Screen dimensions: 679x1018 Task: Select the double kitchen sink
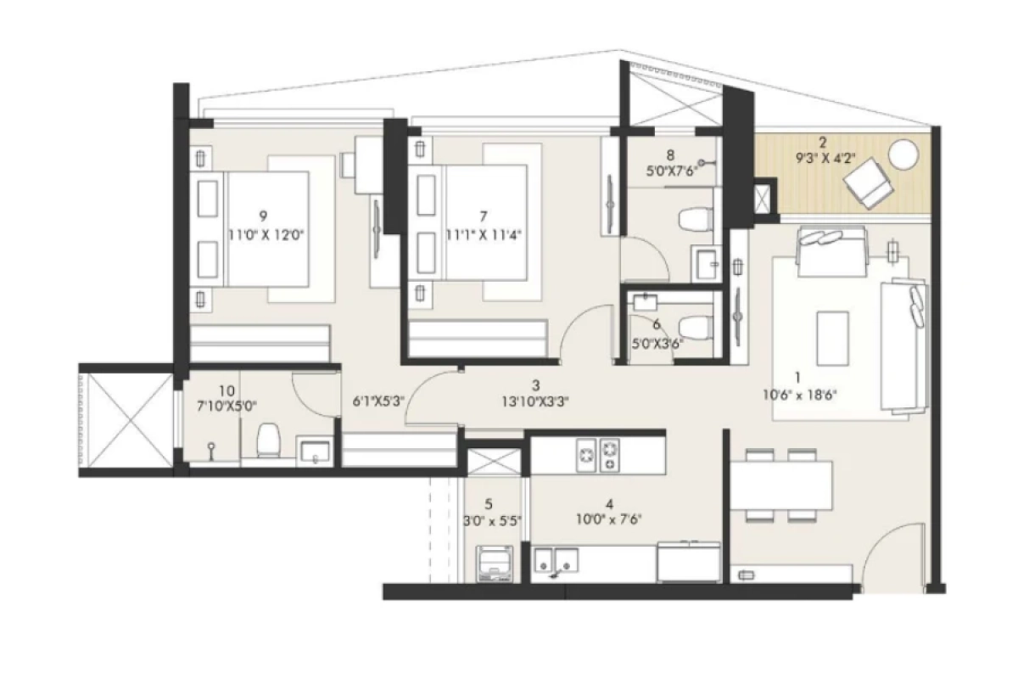557,559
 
